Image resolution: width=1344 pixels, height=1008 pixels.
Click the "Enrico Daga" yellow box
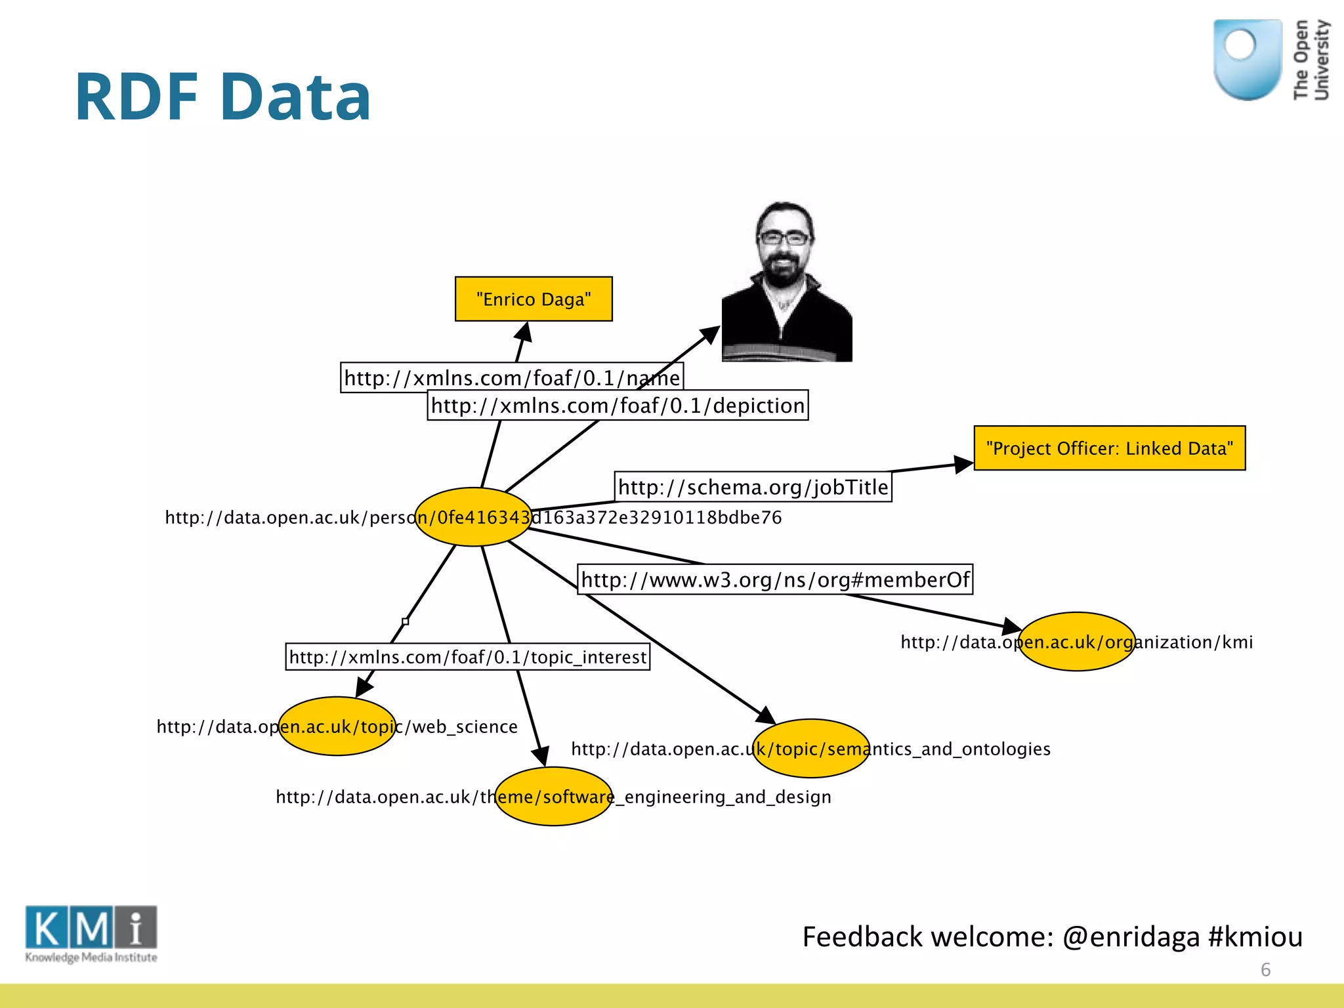click(534, 299)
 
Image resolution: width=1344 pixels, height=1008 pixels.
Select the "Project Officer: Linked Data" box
click(1109, 448)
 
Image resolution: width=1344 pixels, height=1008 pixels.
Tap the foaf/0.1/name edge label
click(512, 378)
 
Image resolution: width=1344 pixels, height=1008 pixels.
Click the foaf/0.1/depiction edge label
click(618, 406)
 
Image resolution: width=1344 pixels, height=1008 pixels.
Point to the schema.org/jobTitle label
click(753, 487)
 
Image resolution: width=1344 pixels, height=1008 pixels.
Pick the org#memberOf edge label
click(774, 579)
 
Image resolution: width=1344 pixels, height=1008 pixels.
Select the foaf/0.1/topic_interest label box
click(467, 657)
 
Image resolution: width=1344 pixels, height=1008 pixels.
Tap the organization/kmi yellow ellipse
click(1076, 642)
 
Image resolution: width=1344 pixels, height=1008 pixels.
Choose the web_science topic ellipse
click(337, 726)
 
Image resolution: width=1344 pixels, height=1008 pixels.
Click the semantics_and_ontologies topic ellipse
click(811, 749)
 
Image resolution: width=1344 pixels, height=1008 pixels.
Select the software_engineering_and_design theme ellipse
click(554, 797)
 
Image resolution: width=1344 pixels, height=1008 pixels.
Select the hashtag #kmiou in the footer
click(1255, 936)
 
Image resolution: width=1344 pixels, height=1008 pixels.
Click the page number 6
click(1265, 970)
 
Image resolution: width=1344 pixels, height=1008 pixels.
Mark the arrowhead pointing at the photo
click(711, 335)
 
